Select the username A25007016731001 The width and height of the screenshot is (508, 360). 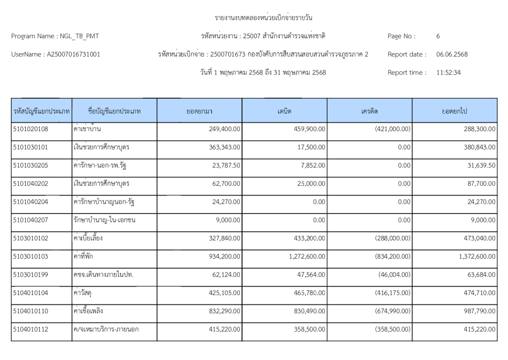coord(73,55)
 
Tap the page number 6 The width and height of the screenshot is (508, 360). coord(438,36)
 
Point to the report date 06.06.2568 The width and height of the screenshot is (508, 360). coord(452,55)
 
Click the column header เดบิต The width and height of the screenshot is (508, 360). coord(284,111)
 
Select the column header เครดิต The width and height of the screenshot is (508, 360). coord(369,111)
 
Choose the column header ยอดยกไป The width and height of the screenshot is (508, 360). coord(454,111)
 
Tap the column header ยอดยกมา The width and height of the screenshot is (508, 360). coord(199,111)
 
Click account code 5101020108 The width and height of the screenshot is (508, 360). coord(31,129)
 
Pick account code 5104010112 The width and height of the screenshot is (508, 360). coord(31,329)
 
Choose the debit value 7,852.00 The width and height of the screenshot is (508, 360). coord(313,166)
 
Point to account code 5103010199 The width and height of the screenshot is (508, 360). coord(31,275)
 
